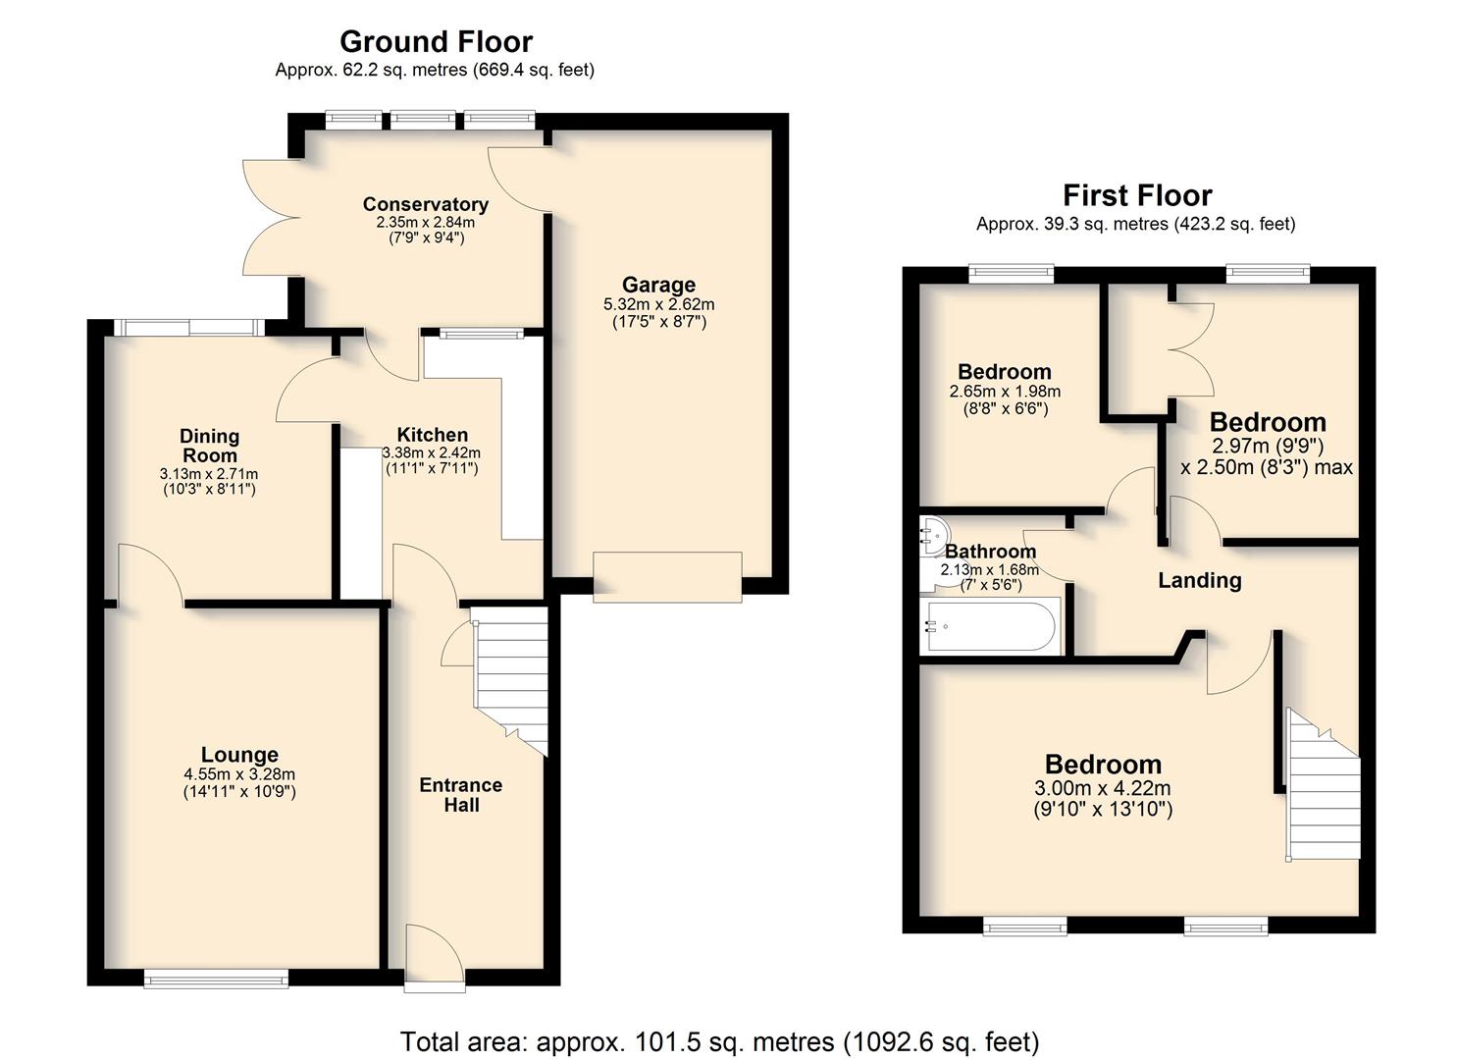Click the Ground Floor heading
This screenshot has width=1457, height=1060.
[x=436, y=42]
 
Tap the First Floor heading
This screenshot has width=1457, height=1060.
[x=1137, y=195]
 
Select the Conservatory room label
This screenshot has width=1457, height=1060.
[x=426, y=204]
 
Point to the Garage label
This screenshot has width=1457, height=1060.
[x=659, y=285]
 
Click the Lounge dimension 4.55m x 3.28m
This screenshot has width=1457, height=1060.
[x=239, y=774]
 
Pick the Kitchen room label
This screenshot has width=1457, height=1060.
[x=433, y=435]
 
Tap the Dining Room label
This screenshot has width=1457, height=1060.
[x=209, y=446]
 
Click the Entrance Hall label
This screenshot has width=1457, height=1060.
[x=461, y=795]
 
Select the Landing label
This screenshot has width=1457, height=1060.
[x=1199, y=580]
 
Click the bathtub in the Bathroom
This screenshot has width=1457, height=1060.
[x=990, y=626]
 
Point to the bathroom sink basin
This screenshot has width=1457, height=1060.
[x=931, y=536]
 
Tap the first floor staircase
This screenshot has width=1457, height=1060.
[x=1323, y=784]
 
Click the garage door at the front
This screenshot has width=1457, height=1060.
[x=667, y=577]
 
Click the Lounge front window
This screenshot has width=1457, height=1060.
[x=215, y=979]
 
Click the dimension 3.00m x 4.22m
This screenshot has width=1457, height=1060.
[x=1103, y=788]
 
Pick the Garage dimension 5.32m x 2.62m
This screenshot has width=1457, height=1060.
[x=659, y=304]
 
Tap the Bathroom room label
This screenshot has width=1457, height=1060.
[x=990, y=552]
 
